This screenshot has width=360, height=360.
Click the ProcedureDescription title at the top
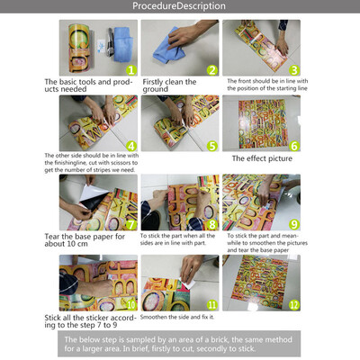coord(179,6)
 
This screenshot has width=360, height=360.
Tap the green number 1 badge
coord(130,68)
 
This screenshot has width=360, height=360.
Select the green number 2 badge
coord(211,68)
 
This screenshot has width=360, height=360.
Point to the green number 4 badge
coord(130,144)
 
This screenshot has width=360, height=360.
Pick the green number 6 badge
coord(294,144)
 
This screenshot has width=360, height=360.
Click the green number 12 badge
coord(293,304)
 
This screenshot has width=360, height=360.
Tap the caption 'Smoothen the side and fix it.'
coord(183,317)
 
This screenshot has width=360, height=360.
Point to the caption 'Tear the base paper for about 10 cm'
coord(87,242)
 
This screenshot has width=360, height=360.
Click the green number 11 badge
coord(211,304)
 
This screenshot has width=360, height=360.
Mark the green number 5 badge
coord(211,144)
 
